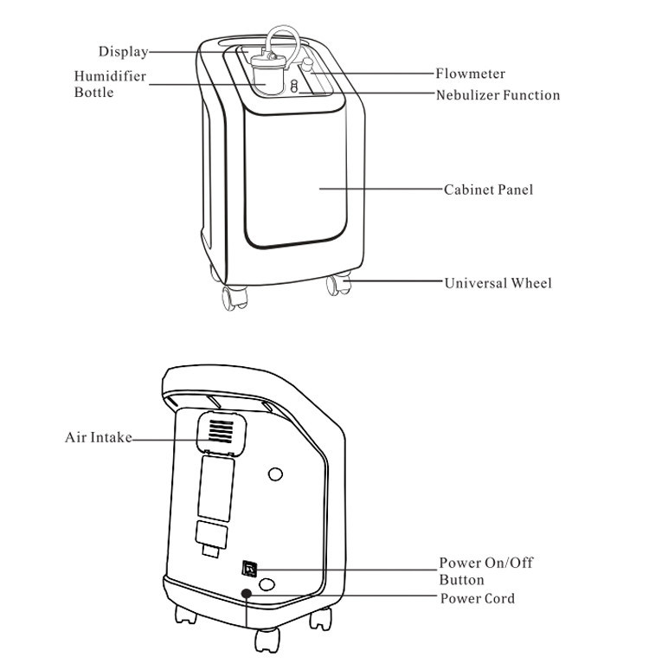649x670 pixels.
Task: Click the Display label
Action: (x=122, y=52)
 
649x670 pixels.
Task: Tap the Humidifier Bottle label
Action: (x=109, y=84)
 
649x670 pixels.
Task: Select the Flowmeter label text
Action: (x=470, y=74)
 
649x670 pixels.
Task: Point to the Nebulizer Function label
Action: (x=498, y=95)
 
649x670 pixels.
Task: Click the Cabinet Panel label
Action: (x=488, y=190)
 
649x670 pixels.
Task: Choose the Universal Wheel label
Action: (x=498, y=283)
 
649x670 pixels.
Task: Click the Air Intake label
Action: (x=98, y=437)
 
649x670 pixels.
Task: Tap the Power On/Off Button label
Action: (x=485, y=571)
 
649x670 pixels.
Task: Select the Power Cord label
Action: (x=477, y=598)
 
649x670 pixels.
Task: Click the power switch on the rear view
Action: (x=249, y=568)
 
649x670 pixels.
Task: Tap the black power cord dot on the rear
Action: (x=247, y=594)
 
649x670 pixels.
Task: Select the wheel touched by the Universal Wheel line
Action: (x=338, y=283)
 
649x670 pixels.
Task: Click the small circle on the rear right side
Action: (x=276, y=474)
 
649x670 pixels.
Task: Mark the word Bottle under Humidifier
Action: (x=93, y=93)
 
